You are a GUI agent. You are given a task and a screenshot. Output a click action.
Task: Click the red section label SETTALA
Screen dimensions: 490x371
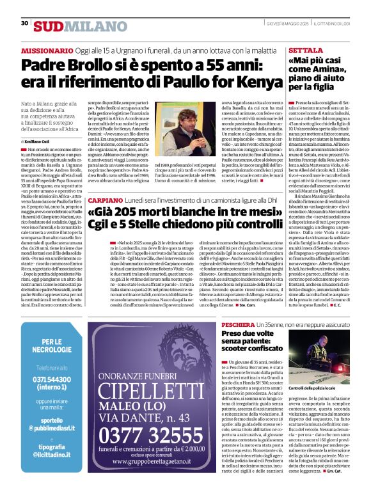tap(301, 49)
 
